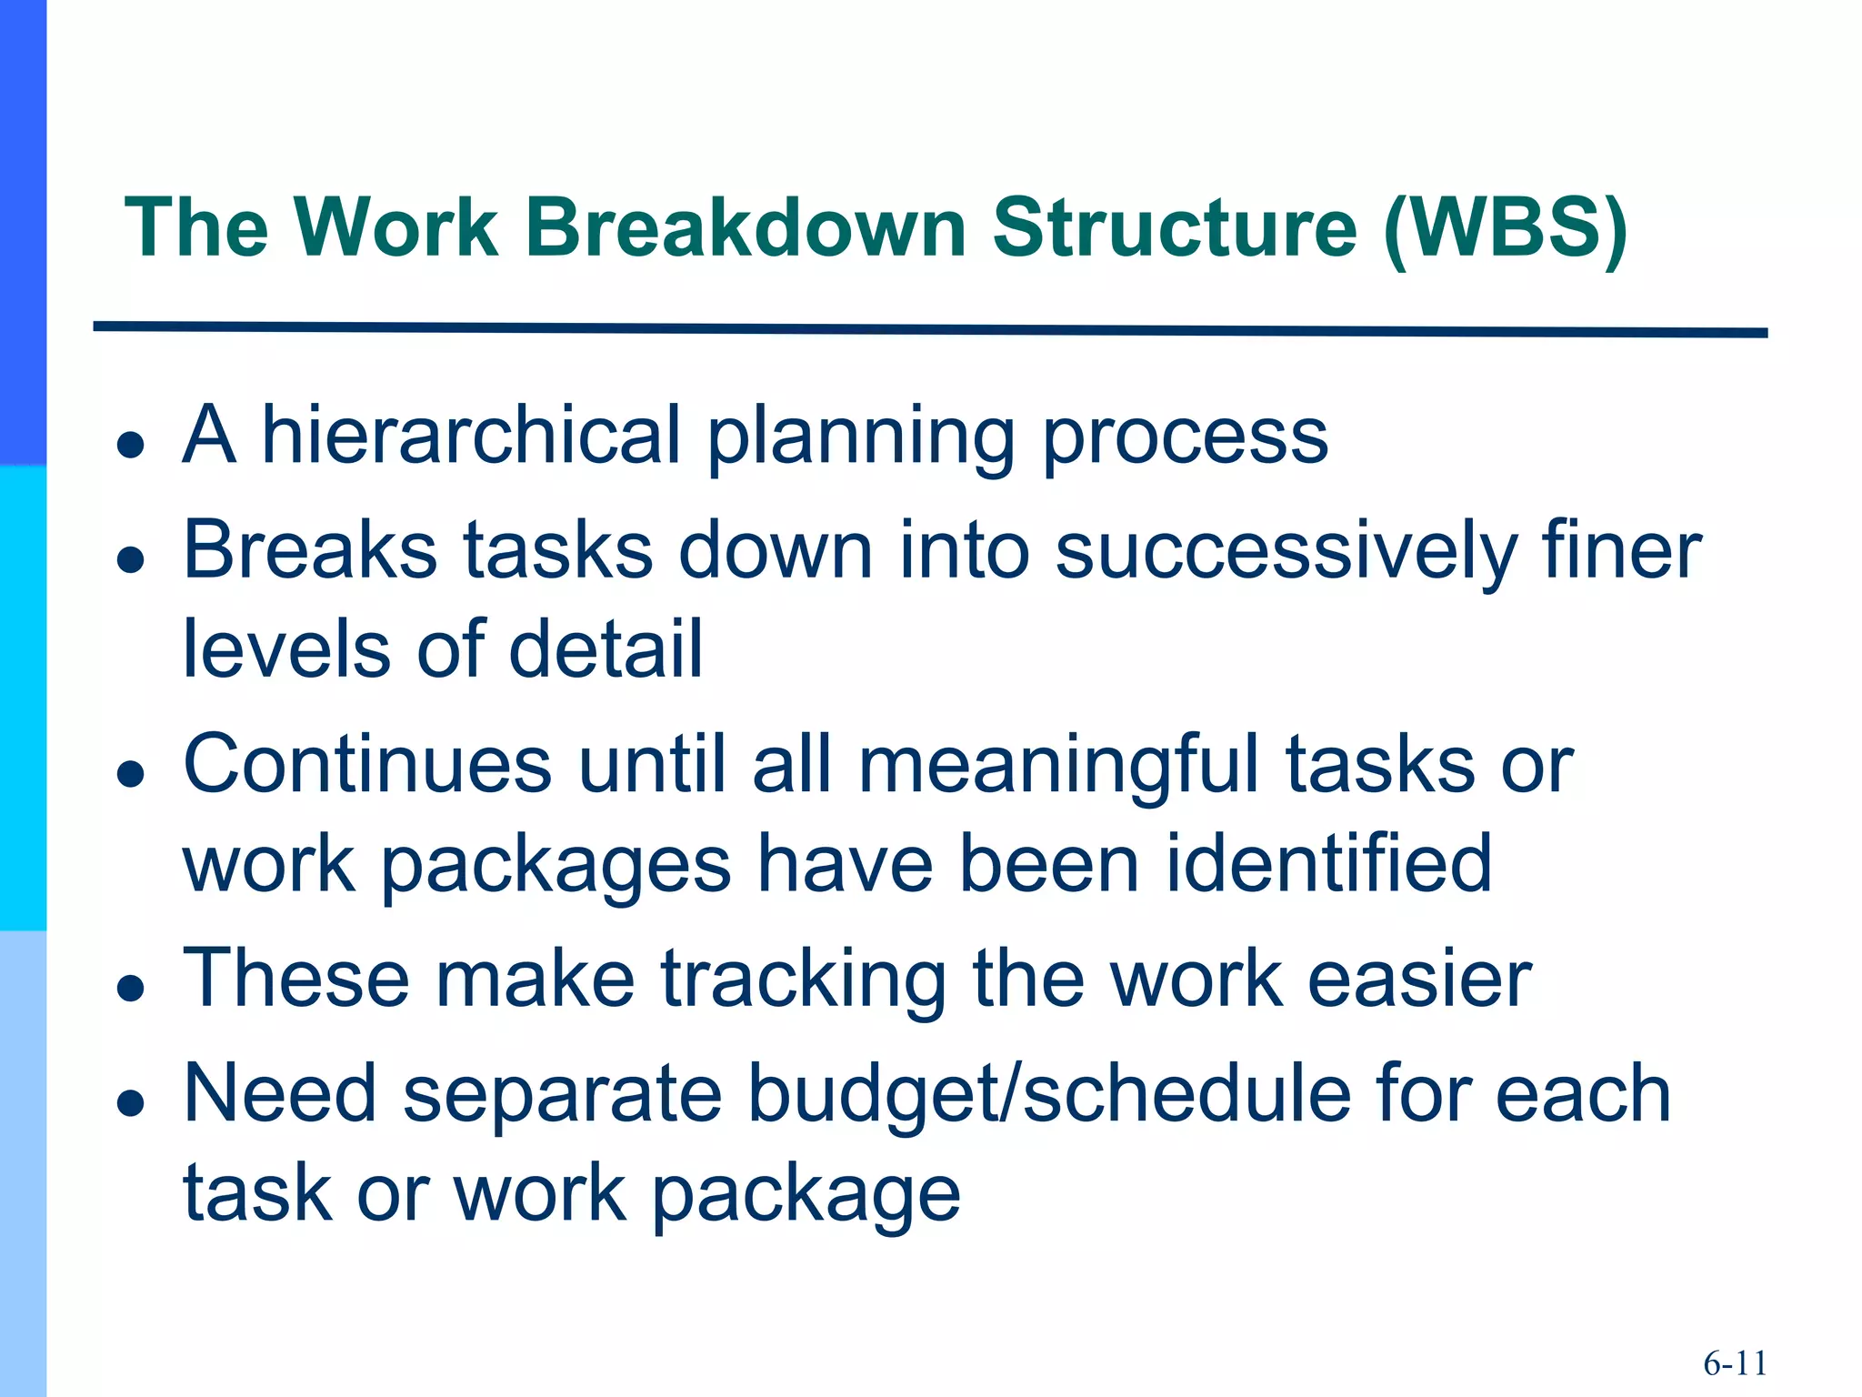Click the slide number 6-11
point(1735,1363)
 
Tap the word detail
point(606,649)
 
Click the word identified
point(1328,864)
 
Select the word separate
point(562,1095)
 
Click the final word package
point(806,1194)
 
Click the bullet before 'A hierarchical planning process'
point(132,445)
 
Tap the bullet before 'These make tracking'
point(132,989)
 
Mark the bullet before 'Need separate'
point(132,1104)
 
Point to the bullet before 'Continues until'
point(132,774)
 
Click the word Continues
point(367,765)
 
